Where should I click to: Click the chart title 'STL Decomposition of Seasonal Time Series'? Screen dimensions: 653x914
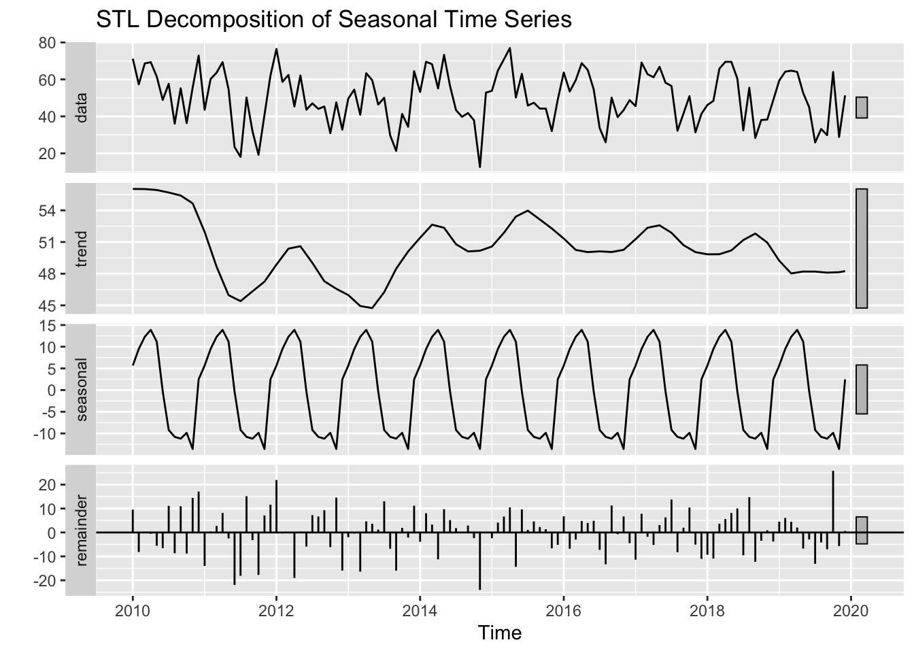[334, 20]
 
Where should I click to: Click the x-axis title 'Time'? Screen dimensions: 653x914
[500, 633]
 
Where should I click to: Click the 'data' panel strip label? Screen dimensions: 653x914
[82, 107]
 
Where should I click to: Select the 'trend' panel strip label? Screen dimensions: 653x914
[82, 248]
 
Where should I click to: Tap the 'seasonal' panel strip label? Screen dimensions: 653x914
[82, 390]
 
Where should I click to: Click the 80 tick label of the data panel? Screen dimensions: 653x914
[47, 43]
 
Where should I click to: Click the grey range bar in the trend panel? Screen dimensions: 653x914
[862, 248]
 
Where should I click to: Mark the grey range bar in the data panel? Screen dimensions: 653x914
[862, 107]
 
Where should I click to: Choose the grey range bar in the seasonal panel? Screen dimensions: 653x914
[862, 389]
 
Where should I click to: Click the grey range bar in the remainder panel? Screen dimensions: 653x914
[862, 530]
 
